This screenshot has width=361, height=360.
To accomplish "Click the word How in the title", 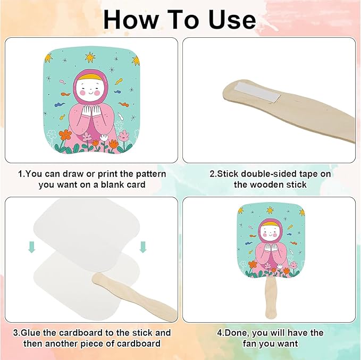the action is (x=131, y=20).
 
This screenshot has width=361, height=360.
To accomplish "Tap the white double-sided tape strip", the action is (x=258, y=92).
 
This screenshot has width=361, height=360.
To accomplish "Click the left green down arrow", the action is (x=31, y=247).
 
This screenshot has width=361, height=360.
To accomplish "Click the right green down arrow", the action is (x=143, y=247).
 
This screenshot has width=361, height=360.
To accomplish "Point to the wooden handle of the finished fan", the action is (x=271, y=298).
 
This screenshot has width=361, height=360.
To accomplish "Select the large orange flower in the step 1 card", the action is (x=65, y=135).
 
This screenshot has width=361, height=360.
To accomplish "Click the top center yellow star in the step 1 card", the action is (x=90, y=57).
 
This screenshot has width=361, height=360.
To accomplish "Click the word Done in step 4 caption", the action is (x=237, y=333).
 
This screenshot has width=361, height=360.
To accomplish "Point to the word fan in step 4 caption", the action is (x=250, y=344).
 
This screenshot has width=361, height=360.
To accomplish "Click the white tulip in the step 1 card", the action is (x=104, y=138).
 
